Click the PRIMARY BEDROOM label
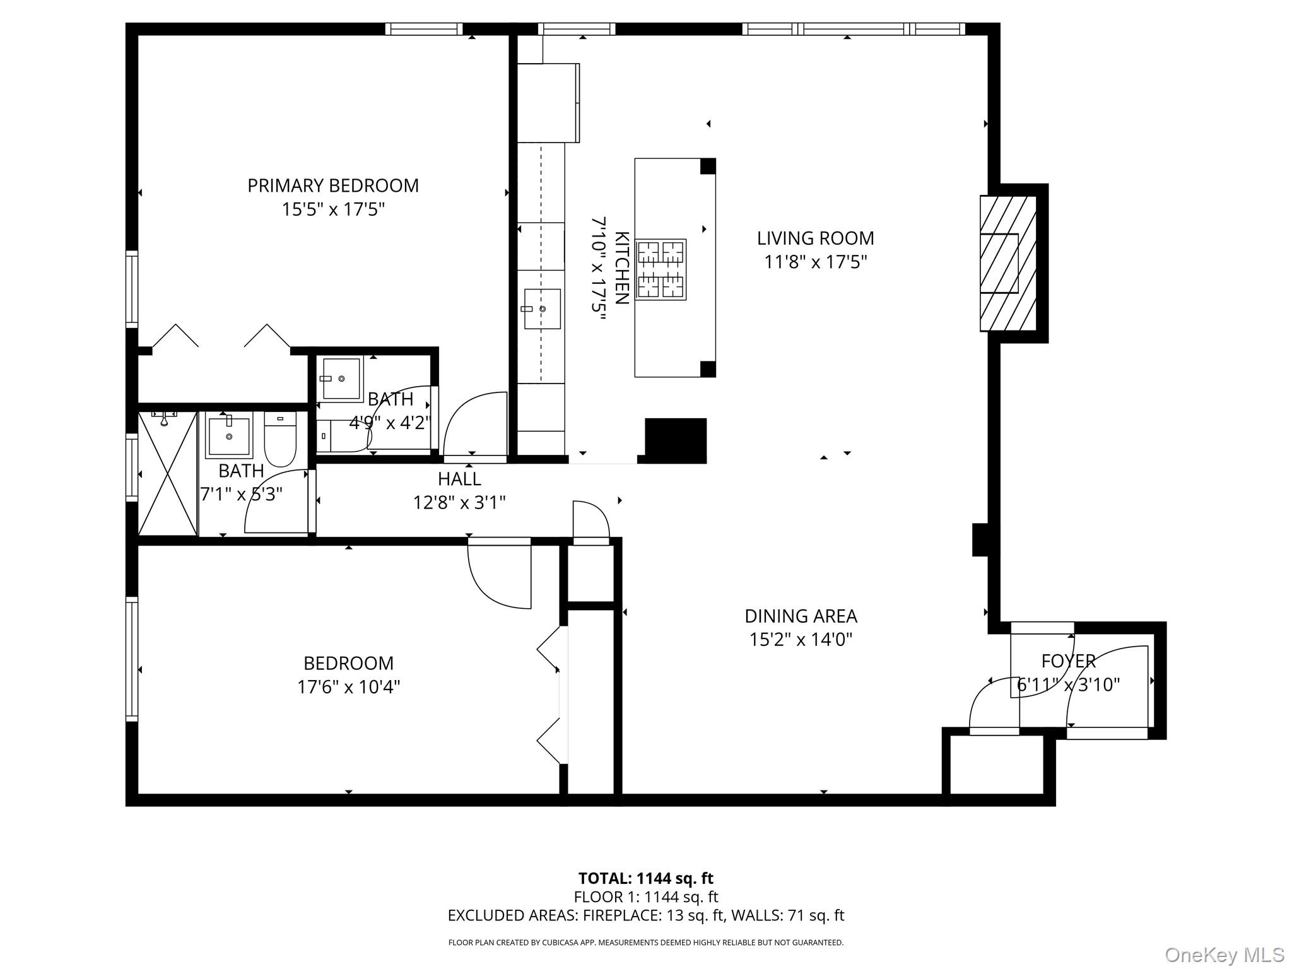332,185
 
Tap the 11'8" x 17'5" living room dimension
815,262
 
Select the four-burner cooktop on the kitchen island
661,269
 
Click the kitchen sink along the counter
541,309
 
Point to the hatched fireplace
1007,263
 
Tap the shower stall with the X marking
168,474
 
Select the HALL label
459,479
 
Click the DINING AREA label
801,616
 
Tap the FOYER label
1068,661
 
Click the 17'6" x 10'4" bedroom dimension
348,686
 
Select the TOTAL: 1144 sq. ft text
645,878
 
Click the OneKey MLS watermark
1224,954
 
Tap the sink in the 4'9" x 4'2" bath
341,379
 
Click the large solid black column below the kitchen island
675,440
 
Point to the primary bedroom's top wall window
424,29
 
